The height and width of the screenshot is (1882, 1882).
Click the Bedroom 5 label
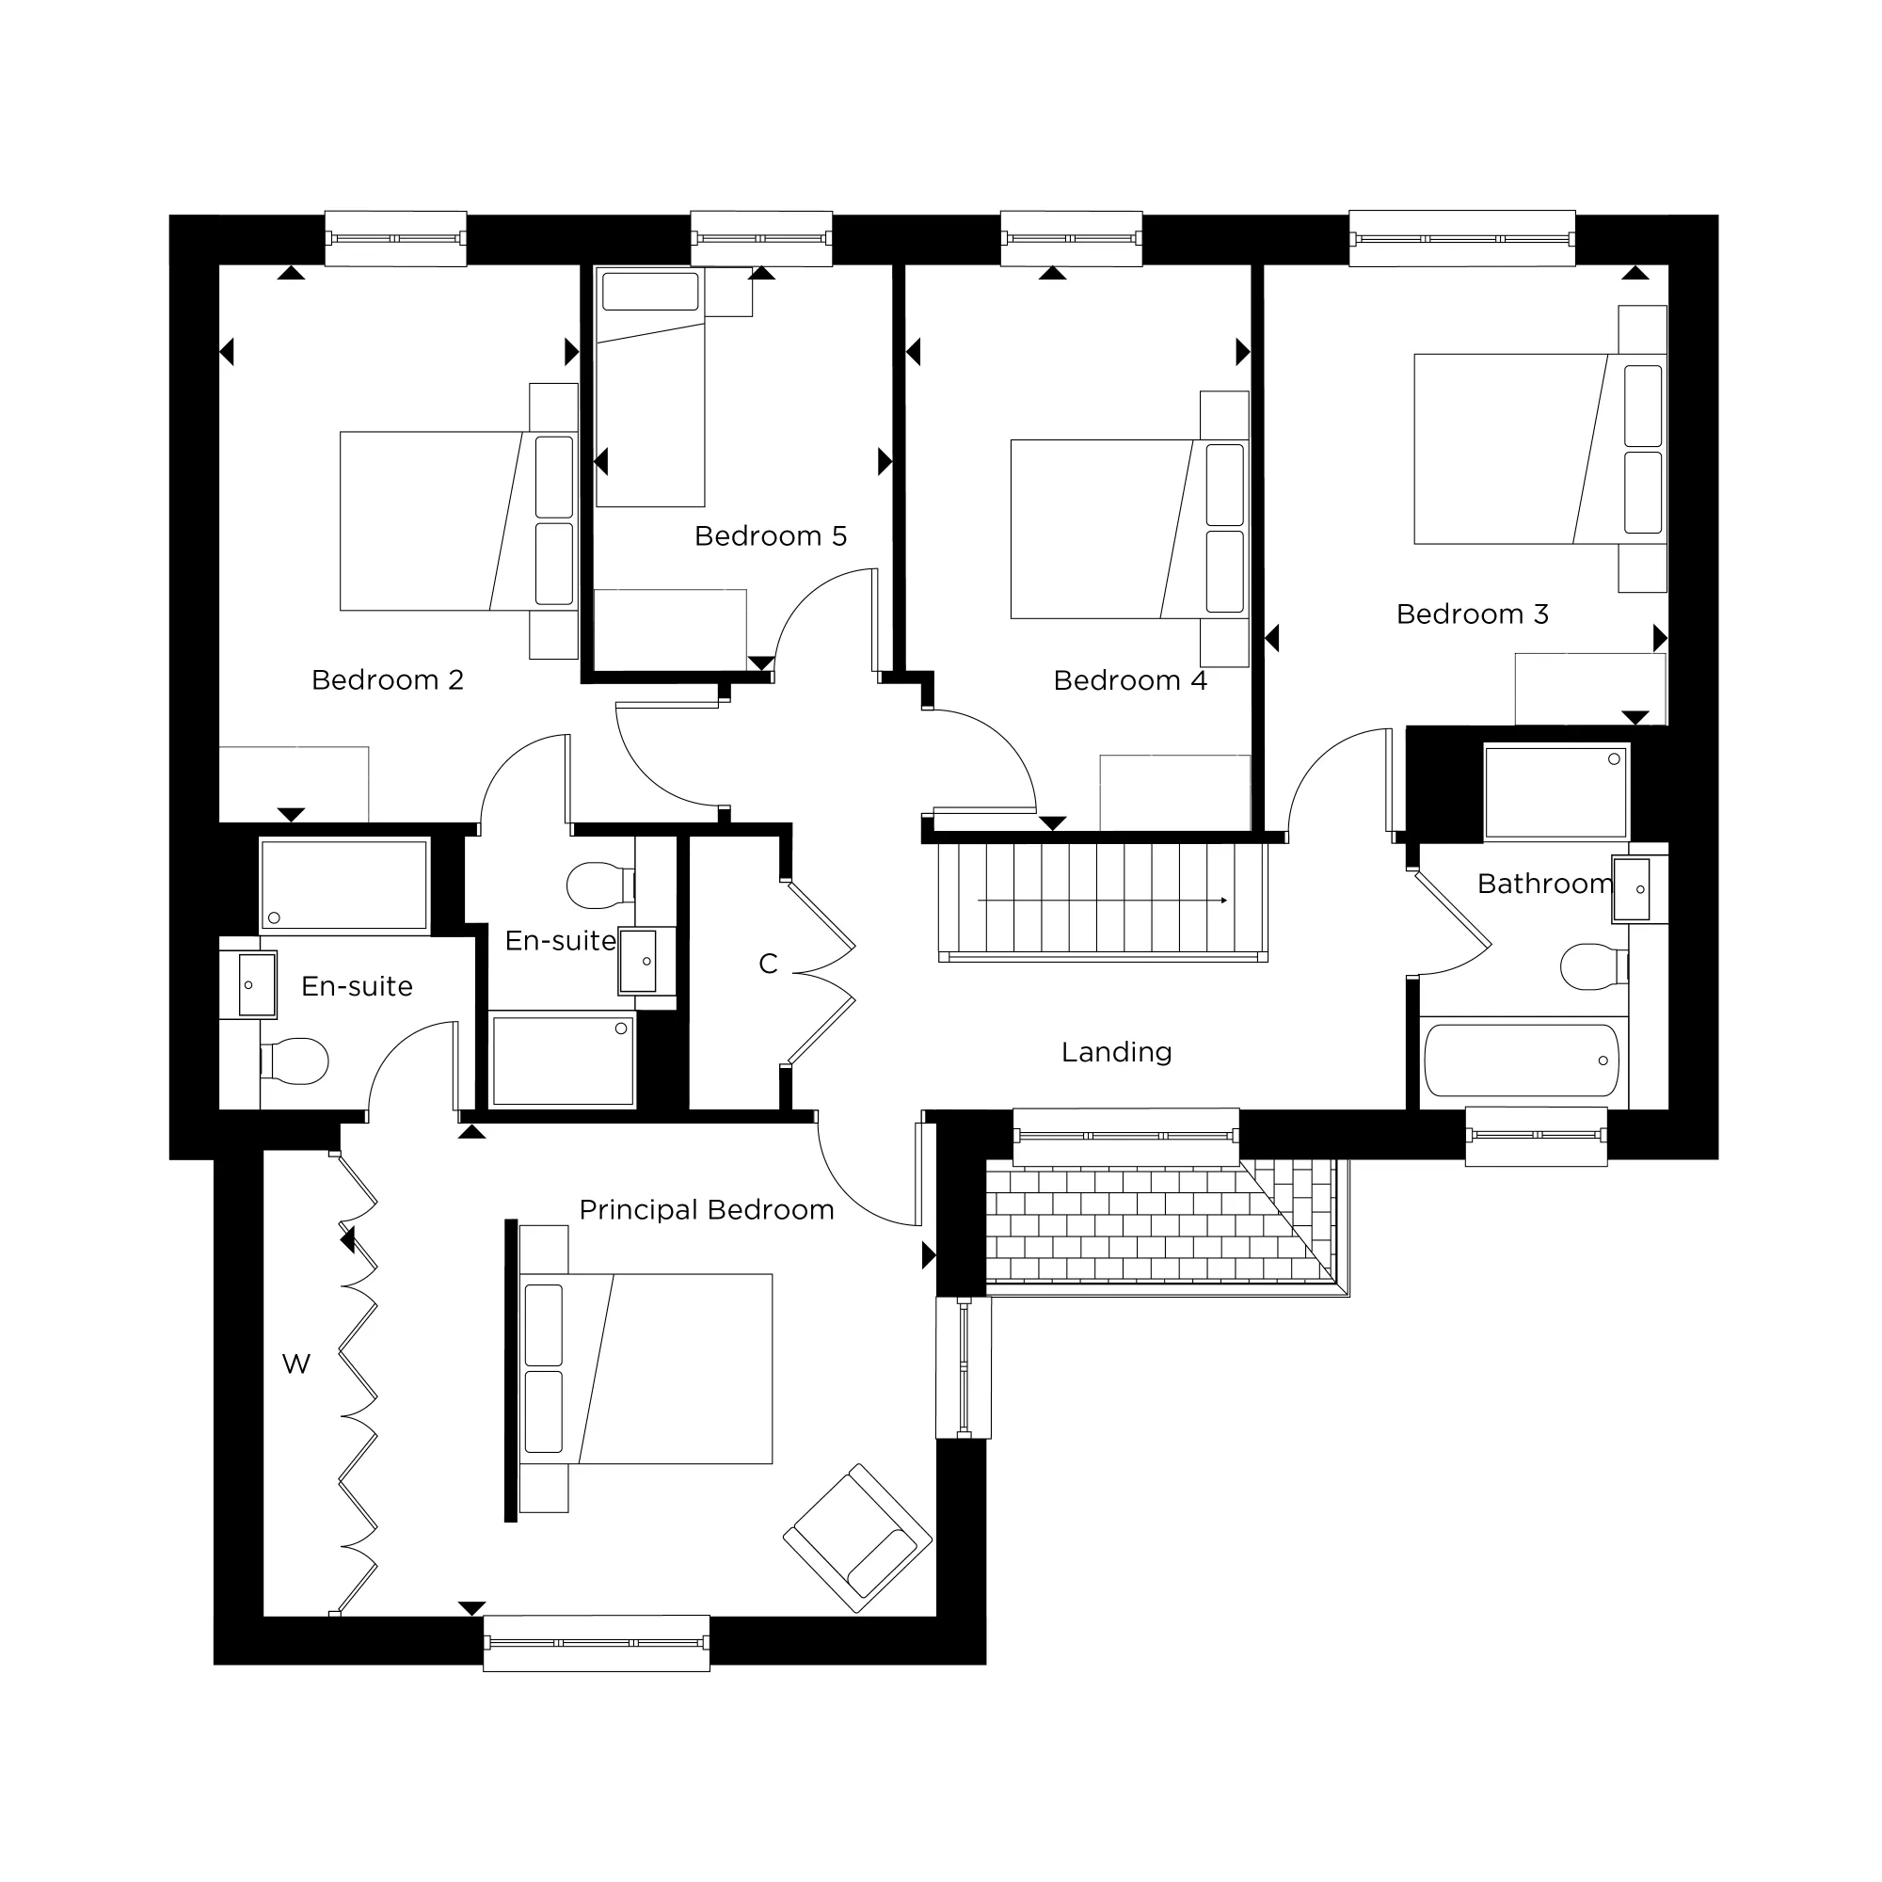771,535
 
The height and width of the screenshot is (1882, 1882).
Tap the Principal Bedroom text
707,1210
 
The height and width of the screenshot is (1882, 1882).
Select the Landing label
1116,1053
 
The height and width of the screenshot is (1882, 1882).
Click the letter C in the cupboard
769,964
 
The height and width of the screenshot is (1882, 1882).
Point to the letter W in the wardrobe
296,1364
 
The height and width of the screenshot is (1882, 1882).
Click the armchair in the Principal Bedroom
857,1539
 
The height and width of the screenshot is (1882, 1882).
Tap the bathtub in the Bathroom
1522,1061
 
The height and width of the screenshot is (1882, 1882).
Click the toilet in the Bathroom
1595,966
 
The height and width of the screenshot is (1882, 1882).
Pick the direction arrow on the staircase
1103,901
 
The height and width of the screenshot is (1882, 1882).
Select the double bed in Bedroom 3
1540,449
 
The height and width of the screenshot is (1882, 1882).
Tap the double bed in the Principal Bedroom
646,1368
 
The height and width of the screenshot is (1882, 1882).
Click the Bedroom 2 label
388,680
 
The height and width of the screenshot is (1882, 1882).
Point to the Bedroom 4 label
1130,680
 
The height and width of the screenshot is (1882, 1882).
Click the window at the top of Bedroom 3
1461,239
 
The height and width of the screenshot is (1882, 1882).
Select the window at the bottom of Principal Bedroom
597,1643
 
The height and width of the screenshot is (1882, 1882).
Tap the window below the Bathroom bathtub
1537,1136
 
